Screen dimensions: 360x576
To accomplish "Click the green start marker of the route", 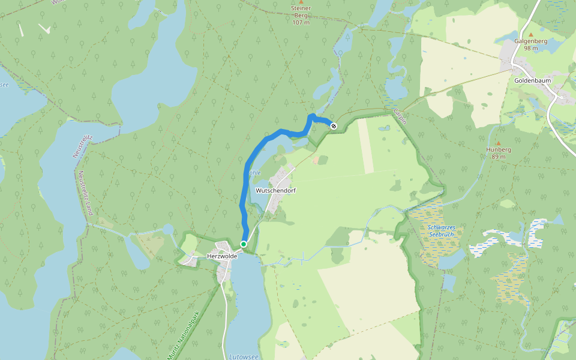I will [x=244, y=244].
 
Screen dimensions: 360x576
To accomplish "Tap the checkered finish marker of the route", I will [x=334, y=125].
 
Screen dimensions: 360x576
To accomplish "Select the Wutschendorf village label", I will [x=277, y=190].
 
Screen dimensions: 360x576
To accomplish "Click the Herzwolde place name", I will [x=222, y=256].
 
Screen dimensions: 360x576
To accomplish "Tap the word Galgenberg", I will [x=531, y=41].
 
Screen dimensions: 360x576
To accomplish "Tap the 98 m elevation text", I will [x=531, y=48].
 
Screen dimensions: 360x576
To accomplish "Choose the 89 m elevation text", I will [x=497, y=157].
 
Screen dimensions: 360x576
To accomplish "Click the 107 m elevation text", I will [x=301, y=22].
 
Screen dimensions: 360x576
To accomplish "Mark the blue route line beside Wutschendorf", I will [x=242, y=198].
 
